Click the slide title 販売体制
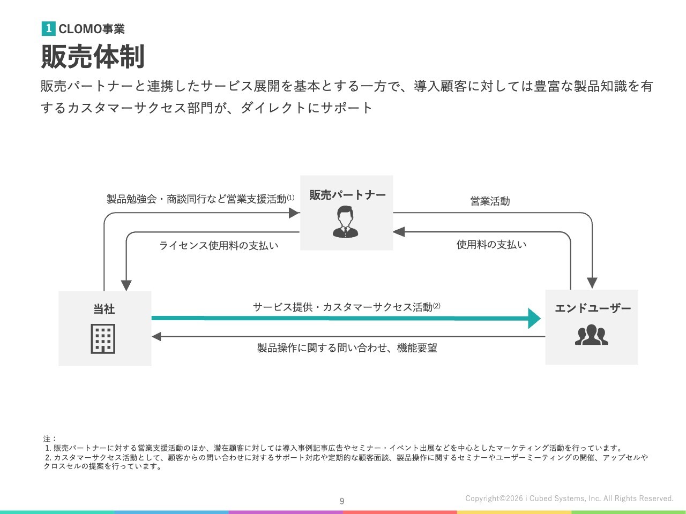(93, 56)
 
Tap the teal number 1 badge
(48, 28)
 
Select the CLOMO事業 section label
(92, 29)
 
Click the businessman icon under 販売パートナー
(346, 222)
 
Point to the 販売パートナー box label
(347, 195)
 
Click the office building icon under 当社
(103, 338)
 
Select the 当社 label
(104, 309)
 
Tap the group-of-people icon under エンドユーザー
(591, 335)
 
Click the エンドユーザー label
(593, 308)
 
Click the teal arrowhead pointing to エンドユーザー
(534, 318)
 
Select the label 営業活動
(490, 201)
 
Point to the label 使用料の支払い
(491, 245)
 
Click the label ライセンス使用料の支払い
(219, 246)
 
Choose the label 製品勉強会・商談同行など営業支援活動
(197, 199)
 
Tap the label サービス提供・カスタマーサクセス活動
(343, 307)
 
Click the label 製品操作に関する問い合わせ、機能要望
(347, 348)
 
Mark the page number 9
(342, 501)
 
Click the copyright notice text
(569, 498)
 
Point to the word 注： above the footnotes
(50, 439)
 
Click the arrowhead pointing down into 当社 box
(126, 285)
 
